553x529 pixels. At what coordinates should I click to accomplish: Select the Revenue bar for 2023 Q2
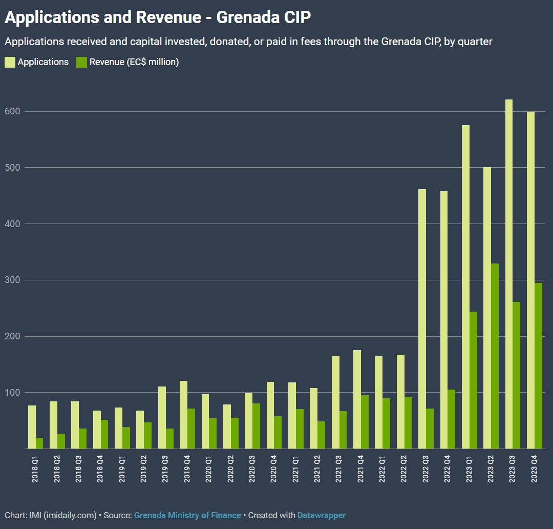[495, 356]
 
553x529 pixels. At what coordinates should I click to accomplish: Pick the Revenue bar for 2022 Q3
[430, 429]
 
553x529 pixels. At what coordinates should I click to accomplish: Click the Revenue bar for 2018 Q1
[39, 443]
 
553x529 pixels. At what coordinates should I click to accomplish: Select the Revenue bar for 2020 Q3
[256, 426]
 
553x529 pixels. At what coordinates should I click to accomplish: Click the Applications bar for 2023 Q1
[465, 287]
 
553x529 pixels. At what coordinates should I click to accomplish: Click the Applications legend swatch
[10, 63]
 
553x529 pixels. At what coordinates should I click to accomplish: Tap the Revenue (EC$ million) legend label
[134, 63]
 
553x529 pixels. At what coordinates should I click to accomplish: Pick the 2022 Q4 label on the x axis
[448, 467]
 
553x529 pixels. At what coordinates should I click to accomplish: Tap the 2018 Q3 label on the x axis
[78, 467]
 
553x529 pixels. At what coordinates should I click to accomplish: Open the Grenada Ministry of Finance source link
[187, 515]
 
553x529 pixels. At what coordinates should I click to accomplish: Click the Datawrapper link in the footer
[322, 515]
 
